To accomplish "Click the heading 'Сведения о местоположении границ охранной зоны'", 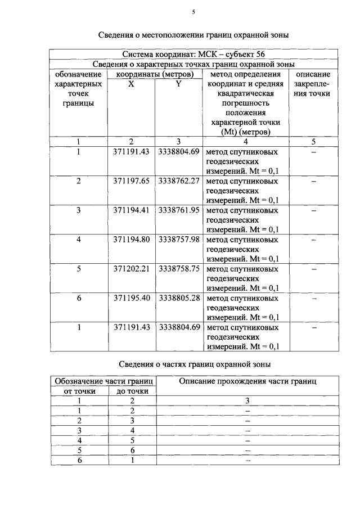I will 193,35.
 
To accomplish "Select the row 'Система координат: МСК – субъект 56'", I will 193,55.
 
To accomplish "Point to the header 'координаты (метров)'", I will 155,74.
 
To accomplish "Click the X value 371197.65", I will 131,181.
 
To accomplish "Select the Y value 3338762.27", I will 179,181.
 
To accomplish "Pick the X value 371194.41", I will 131,210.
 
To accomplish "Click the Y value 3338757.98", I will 179,240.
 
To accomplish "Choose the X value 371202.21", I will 131,269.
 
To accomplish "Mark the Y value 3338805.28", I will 179,298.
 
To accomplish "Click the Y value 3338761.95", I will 179,210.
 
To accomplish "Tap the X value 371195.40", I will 131,298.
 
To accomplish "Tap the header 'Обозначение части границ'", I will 104,381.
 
